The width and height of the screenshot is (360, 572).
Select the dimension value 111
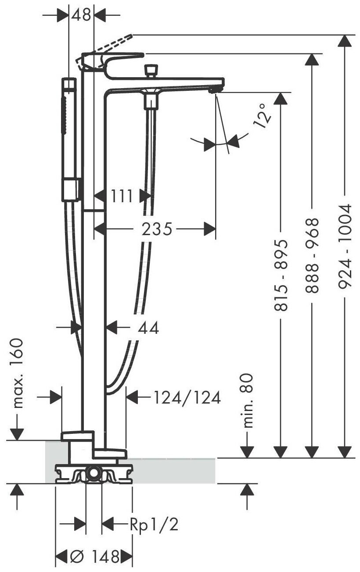[x=121, y=196]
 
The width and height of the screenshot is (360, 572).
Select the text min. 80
[x=248, y=400]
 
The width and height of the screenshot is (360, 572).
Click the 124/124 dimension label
[x=187, y=398]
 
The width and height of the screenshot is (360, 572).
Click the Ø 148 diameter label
[x=94, y=557]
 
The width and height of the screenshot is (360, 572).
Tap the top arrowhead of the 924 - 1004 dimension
[x=346, y=41]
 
